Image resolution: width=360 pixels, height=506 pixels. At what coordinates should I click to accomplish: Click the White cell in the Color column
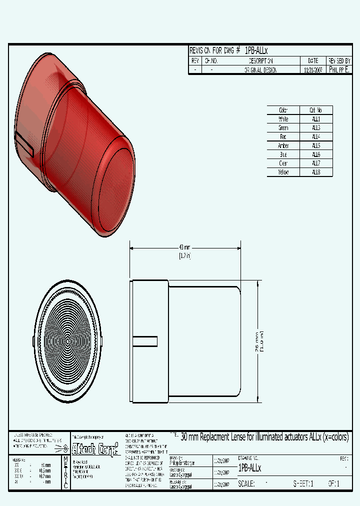coord(283,119)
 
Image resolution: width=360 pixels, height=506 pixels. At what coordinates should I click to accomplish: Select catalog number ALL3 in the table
coord(316,128)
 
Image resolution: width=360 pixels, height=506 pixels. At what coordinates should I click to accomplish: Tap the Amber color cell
coord(283,145)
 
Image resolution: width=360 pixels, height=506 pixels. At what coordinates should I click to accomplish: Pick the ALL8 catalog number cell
coord(316,172)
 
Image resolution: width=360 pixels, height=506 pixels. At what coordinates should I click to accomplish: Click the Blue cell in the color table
coord(283,154)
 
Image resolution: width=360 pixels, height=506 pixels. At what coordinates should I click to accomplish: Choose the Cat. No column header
coord(316,110)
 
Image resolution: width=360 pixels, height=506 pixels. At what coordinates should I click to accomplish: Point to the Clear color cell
coord(283,163)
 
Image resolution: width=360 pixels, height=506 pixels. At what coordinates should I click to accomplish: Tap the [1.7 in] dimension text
coord(184,255)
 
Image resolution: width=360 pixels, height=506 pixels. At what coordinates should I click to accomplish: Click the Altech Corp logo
coord(95,447)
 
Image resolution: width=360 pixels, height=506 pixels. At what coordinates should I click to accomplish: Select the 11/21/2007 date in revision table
coord(313,70)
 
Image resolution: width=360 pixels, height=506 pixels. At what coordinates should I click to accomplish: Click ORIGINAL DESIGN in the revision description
coord(260,70)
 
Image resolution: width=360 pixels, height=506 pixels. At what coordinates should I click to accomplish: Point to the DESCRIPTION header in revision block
coord(260,61)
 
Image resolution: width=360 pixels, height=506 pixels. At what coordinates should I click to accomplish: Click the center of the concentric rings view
coord(67,341)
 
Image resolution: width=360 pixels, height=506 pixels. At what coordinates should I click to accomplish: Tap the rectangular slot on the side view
coord(145,341)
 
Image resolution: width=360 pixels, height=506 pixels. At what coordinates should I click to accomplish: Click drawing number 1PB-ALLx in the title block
coord(249,468)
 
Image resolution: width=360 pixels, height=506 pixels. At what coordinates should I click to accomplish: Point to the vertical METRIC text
coord(65,472)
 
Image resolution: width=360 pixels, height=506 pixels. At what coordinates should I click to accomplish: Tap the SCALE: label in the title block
coord(246,484)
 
